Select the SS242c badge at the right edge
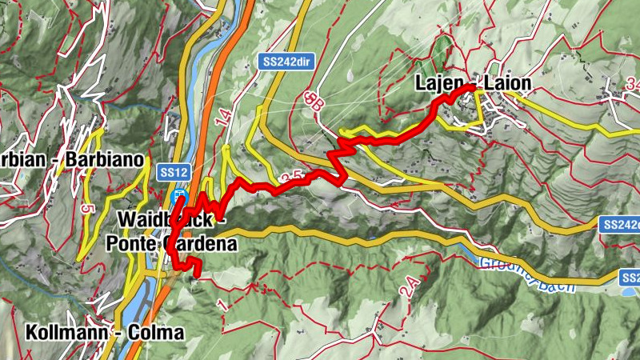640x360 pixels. pyautogui.click(x=621, y=226)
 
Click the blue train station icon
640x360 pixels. pyautogui.click(x=182, y=197)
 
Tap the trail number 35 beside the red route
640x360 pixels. pyautogui.click(x=292, y=176)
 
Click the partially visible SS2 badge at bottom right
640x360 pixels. pyautogui.click(x=630, y=278)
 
